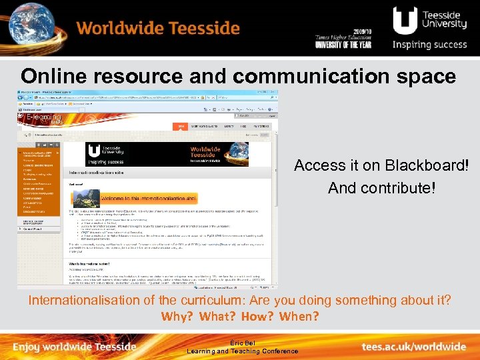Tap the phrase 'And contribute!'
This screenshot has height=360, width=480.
pyautogui.click(x=381, y=188)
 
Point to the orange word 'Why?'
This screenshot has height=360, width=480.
pyautogui.click(x=177, y=316)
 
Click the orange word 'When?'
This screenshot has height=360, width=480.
pyautogui.click(x=299, y=316)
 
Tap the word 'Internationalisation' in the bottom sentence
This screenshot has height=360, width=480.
pyautogui.click(x=85, y=300)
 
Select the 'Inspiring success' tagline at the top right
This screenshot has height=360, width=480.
pyautogui.click(x=429, y=45)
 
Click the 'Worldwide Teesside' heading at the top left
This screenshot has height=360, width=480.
pyautogui.click(x=157, y=29)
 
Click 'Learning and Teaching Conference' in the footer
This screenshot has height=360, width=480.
pyautogui.click(x=242, y=351)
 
